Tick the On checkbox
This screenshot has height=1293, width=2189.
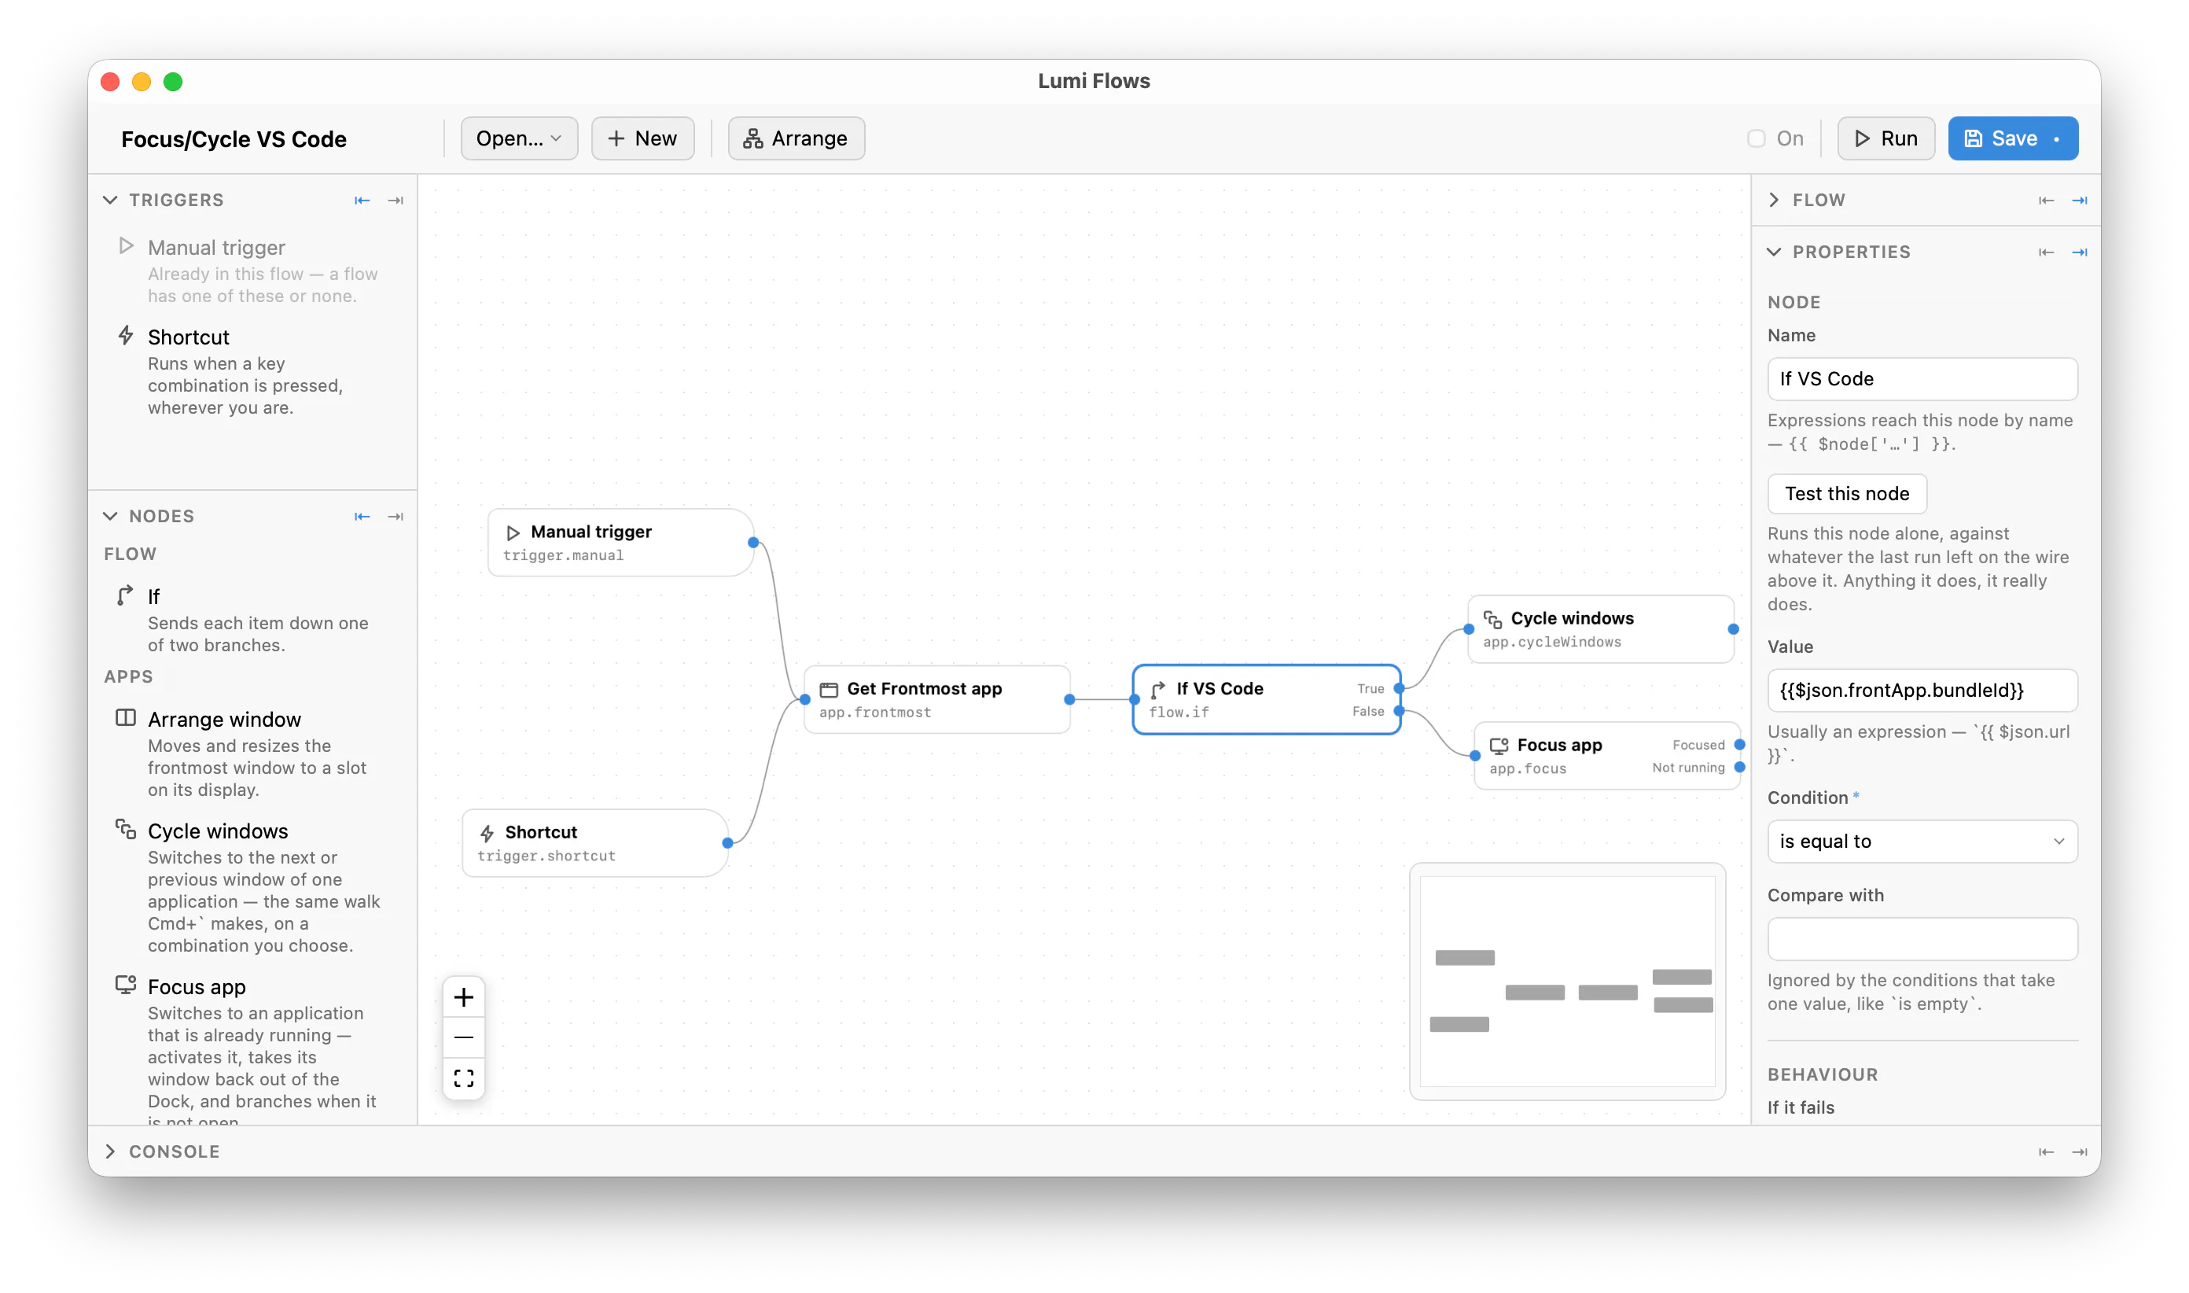click(1756, 138)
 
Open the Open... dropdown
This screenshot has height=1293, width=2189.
click(519, 138)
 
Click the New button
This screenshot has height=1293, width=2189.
click(643, 138)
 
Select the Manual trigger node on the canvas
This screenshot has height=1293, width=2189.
click(620, 543)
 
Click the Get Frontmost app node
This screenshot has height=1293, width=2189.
click(937, 700)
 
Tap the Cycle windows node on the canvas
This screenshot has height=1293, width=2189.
click(1600, 629)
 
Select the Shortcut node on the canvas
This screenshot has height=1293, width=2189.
click(595, 843)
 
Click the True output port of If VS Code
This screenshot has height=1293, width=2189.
click(1399, 688)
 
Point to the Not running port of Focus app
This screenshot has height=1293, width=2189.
click(1739, 768)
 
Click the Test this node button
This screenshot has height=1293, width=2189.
click(1847, 494)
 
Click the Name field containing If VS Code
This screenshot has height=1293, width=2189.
click(1922, 379)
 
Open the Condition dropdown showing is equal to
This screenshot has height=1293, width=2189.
click(1922, 842)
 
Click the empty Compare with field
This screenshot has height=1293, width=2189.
click(1922, 939)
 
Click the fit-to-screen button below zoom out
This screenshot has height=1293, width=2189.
click(464, 1078)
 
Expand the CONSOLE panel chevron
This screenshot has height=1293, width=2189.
click(111, 1152)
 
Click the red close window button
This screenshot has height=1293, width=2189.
click(111, 82)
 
